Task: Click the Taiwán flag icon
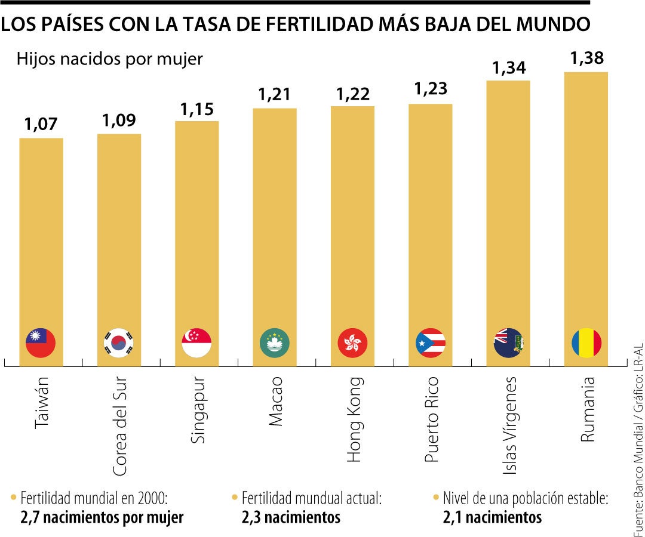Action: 41,343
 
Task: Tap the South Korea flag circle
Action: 119,343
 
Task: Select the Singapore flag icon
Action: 196,343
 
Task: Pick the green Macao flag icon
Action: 275,343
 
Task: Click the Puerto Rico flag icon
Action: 431,343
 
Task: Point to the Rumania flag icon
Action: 586,343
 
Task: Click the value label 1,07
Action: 41,125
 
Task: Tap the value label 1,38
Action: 586,58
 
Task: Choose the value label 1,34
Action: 508,67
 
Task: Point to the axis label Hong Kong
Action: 354,412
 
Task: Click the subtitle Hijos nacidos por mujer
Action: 110,59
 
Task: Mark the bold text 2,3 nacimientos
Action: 291,517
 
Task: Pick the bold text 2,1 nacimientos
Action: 492,517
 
